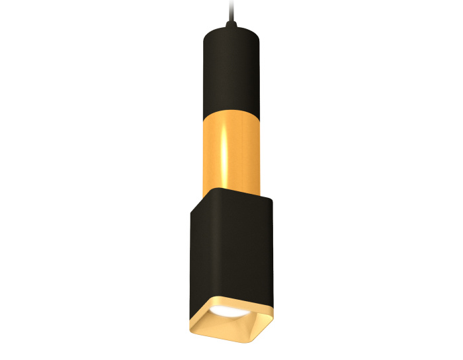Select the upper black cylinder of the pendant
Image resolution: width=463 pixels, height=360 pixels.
pos(232,73)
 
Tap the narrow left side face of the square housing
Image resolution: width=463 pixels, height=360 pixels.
pos(198,258)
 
